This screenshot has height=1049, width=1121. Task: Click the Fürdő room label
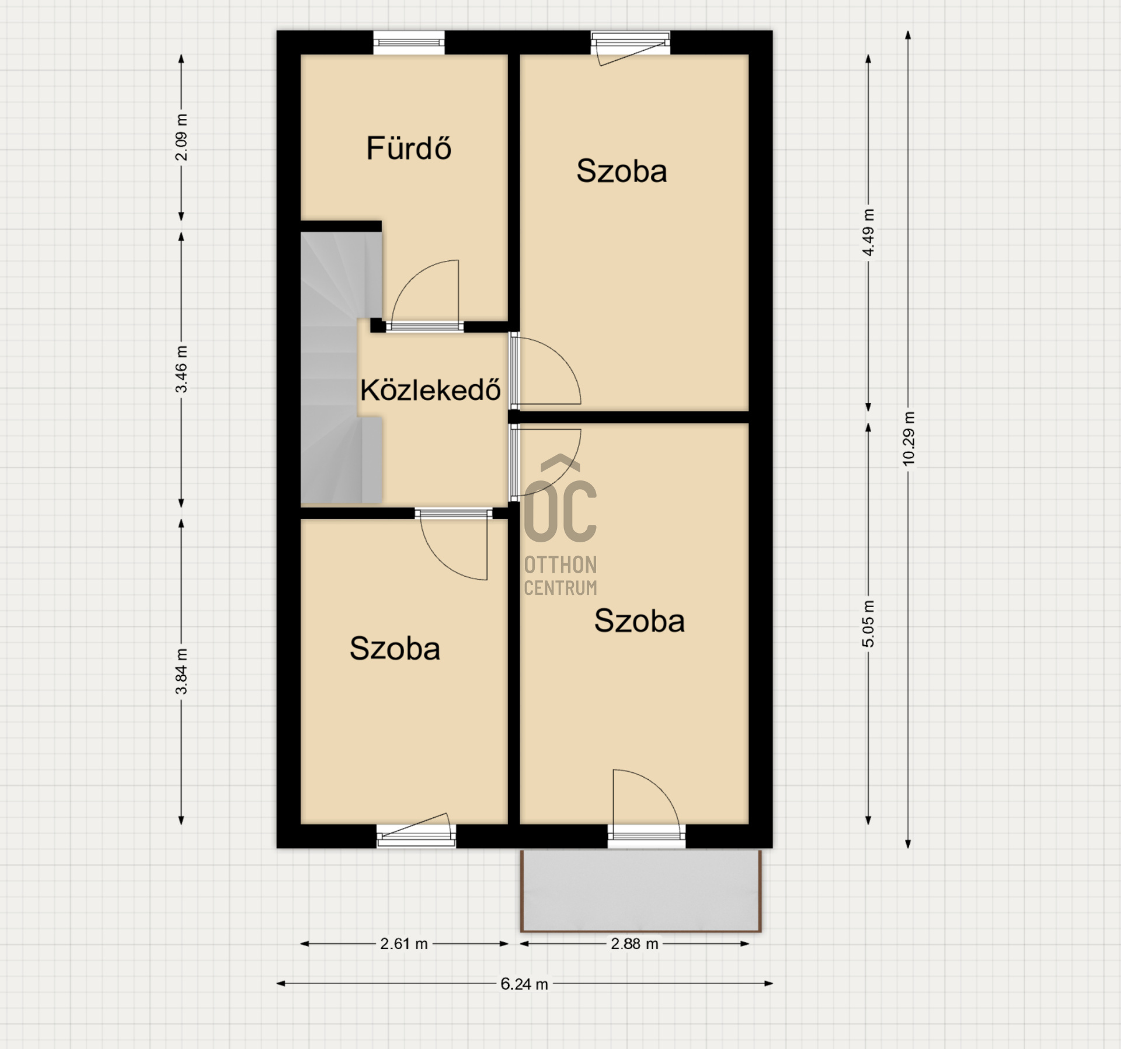coord(409,148)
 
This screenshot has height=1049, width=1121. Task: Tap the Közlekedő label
coord(430,389)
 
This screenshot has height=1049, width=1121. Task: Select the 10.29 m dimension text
coord(908,438)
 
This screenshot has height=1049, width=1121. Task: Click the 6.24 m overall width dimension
coord(524,984)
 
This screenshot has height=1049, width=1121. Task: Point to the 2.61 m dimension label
coord(404,943)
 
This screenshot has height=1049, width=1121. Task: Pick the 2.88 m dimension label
coord(635,943)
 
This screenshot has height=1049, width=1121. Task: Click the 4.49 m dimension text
coord(869,232)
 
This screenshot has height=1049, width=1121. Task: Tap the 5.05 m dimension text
coord(869,623)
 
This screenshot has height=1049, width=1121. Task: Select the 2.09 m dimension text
coord(182,137)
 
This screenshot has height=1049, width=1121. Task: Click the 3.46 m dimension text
coord(182,369)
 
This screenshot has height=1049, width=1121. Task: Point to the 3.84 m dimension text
coord(182,671)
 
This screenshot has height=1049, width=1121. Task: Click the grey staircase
coord(341,368)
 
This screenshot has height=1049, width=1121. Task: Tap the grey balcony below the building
coord(640,890)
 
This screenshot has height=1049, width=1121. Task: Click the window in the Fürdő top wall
coord(409,43)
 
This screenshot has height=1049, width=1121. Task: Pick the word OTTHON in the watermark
coord(560,565)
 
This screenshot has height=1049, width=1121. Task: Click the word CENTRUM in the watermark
coord(560,587)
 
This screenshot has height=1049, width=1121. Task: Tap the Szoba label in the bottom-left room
coord(395,649)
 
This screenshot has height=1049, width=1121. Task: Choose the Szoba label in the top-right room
coord(622,171)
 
